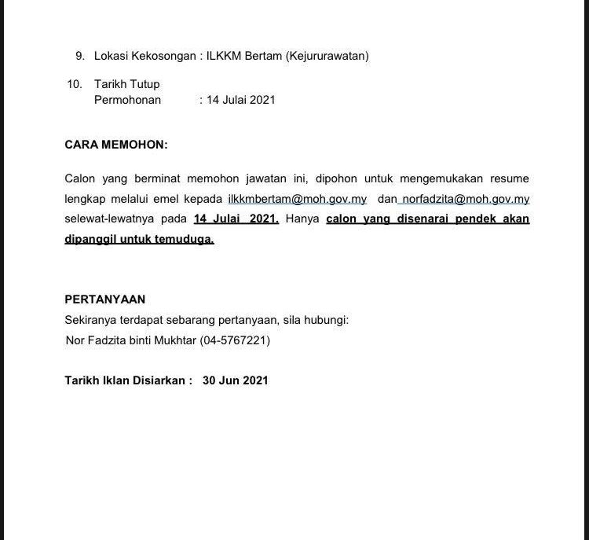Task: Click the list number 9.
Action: point(79,56)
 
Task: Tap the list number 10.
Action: point(75,84)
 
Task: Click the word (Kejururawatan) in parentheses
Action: point(327,56)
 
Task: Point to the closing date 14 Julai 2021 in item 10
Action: point(240,100)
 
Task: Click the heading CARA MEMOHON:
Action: point(115,145)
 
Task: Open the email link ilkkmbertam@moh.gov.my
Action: point(297,200)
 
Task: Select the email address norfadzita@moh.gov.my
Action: point(466,200)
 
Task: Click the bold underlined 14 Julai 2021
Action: point(236,219)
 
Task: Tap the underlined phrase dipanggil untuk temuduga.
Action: point(139,240)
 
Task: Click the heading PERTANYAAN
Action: point(104,299)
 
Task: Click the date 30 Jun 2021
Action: point(235,380)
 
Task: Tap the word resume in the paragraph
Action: point(508,179)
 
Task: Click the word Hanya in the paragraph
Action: point(302,219)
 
